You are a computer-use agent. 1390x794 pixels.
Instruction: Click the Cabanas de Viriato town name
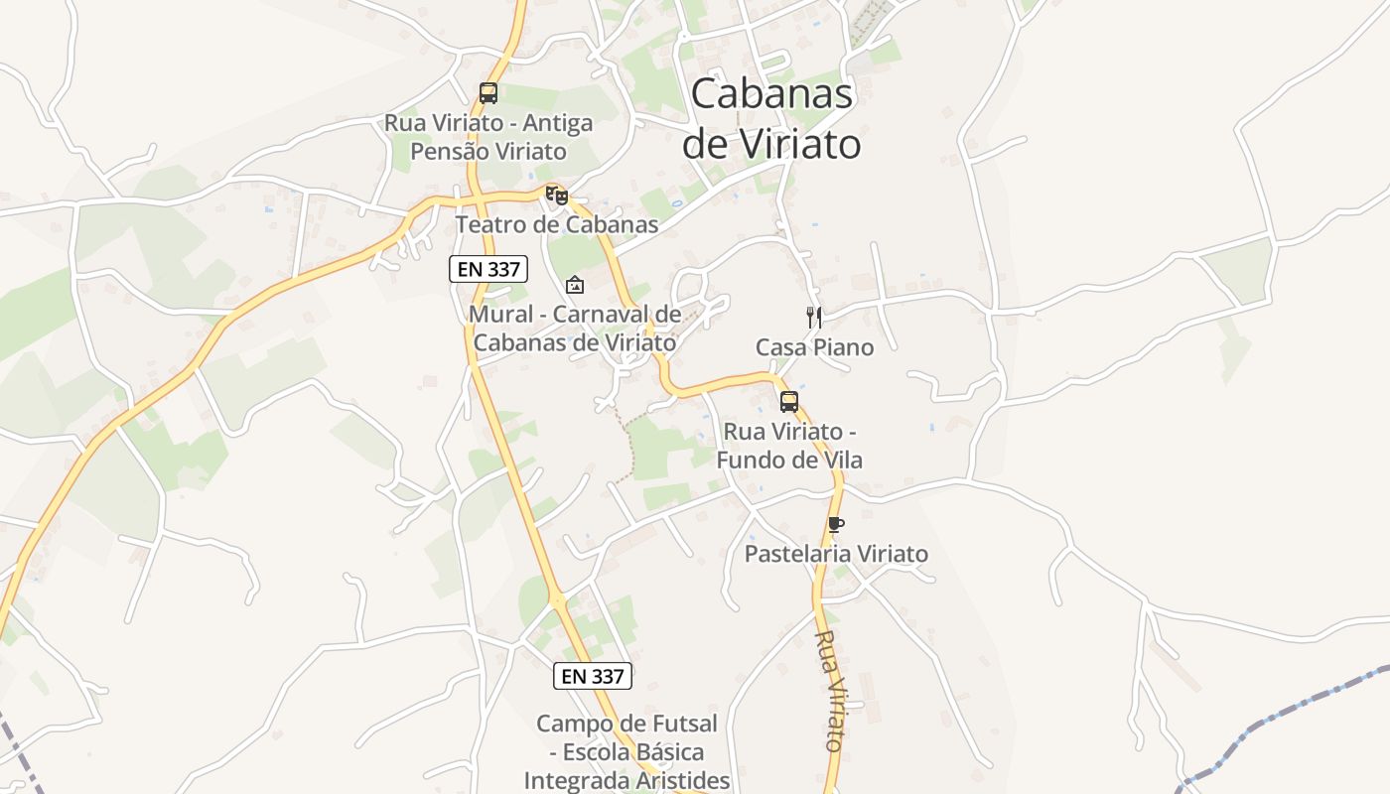point(770,119)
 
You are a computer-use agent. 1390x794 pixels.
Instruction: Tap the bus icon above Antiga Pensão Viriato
point(487,93)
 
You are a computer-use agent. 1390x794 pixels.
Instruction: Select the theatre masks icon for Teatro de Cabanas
point(557,196)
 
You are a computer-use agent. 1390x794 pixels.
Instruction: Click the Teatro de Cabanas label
point(556,225)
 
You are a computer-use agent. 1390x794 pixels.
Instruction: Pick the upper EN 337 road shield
point(487,268)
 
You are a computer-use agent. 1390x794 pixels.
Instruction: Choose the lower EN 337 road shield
point(592,676)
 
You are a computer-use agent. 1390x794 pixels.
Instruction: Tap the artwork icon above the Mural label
point(574,286)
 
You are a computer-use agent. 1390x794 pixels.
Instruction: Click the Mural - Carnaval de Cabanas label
point(575,329)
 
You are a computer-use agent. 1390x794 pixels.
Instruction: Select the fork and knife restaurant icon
point(814,318)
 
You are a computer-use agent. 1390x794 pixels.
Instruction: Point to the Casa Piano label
point(814,347)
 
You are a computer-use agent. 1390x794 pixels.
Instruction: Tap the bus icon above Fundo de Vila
point(789,402)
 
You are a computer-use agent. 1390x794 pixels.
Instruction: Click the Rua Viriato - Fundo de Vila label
point(789,446)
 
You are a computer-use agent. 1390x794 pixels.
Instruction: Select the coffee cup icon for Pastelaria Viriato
point(835,524)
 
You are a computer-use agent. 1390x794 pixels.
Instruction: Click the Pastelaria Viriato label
point(836,554)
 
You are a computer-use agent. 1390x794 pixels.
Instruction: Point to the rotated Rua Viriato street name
point(830,690)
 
